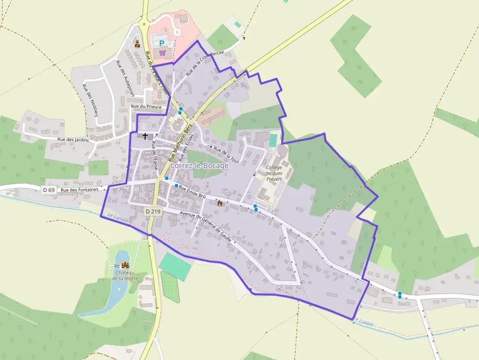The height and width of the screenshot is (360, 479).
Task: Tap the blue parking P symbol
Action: point(162,43)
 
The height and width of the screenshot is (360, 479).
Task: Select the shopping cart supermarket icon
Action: point(162,52)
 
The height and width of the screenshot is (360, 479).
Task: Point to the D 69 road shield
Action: point(48,190)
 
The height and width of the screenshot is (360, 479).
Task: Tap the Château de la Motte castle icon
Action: point(124,264)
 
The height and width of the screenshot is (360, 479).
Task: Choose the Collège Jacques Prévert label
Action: point(274,173)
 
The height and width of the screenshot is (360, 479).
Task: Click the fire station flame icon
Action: point(219,203)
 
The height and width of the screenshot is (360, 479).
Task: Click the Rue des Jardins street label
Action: point(73,140)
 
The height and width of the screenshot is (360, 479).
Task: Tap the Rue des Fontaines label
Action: point(80,190)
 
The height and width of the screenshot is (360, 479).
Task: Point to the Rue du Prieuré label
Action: point(146,106)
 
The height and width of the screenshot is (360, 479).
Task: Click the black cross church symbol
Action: point(145,135)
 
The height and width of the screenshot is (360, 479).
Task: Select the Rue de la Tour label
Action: point(227,154)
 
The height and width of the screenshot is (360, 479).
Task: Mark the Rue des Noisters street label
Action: point(90,101)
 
